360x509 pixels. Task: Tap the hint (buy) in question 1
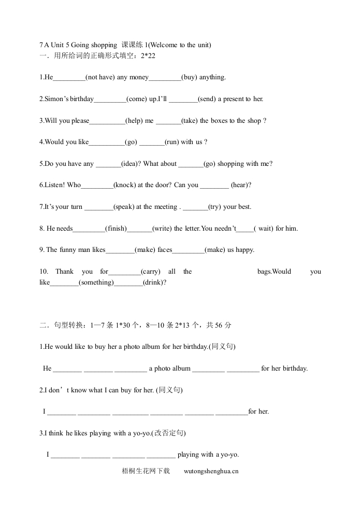click(190, 77)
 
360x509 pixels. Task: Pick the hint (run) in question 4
click(172, 142)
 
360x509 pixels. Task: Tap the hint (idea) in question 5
click(129, 164)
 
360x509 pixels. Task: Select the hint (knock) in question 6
click(125, 185)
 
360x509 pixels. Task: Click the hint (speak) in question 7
click(124, 207)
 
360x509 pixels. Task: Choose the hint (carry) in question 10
click(151, 272)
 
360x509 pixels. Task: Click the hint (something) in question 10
click(96, 282)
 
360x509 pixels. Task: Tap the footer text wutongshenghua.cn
click(211, 471)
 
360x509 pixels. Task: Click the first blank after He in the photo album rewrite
click(67, 369)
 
